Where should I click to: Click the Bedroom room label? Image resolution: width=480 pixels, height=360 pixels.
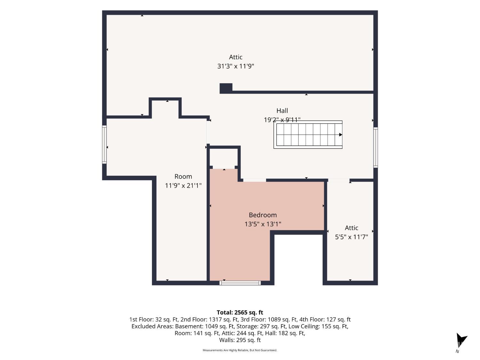263,215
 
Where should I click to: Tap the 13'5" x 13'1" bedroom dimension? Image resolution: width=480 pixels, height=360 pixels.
263,224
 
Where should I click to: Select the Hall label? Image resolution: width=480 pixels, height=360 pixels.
282,111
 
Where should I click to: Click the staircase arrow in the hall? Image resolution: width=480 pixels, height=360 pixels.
340,135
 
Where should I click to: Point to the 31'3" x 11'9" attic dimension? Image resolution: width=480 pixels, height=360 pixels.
236,66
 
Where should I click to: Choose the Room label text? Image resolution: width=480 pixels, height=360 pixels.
183,176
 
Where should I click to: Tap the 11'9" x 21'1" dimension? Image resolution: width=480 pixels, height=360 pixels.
183,186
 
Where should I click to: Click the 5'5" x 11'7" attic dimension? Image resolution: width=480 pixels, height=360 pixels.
351,237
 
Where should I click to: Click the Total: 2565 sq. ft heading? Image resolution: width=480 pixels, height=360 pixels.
240,312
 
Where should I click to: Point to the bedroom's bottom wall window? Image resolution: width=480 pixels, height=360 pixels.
240,283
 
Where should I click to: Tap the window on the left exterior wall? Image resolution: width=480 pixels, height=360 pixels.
104,145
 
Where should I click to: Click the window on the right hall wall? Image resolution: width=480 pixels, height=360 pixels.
375,148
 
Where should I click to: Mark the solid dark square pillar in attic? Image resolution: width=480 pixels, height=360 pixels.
226,88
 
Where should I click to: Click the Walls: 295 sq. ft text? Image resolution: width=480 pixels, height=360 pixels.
240,340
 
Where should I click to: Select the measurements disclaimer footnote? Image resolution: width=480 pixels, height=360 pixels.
240,350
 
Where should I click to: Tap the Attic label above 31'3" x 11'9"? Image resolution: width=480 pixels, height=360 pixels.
236,57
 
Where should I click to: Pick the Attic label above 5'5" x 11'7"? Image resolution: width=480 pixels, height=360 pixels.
351,228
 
